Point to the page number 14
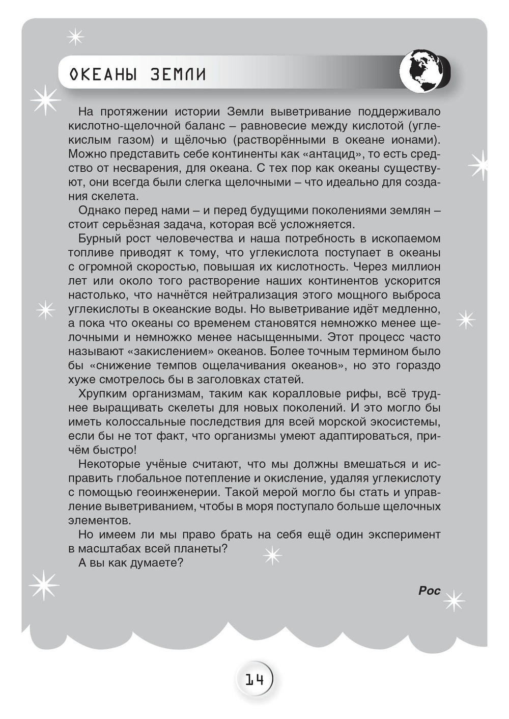[254, 679]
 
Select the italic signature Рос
[429, 591]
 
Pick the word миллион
[415, 267]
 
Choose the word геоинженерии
[178, 492]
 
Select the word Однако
[100, 210]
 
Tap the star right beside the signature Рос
[454, 601]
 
